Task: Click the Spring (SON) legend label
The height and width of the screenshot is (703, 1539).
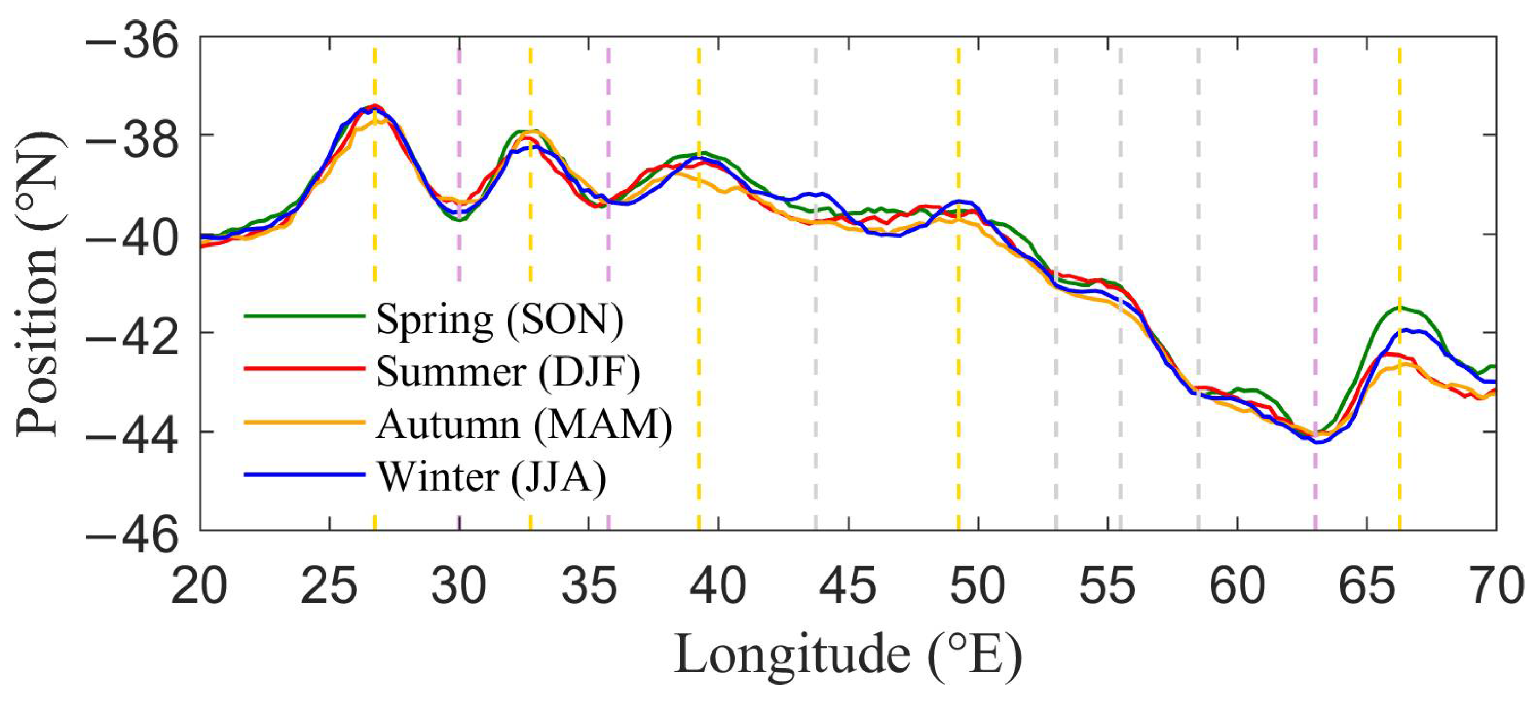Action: point(500,319)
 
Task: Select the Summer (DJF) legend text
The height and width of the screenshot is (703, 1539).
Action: point(508,371)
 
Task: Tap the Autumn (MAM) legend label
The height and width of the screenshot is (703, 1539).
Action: point(524,424)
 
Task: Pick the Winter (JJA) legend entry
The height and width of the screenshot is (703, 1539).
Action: point(491,477)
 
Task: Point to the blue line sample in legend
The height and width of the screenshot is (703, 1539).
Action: point(305,475)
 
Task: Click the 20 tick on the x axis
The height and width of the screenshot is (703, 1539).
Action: point(199,587)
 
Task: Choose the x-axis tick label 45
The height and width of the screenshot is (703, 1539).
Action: point(848,587)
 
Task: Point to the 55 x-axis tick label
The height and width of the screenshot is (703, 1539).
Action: point(1107,587)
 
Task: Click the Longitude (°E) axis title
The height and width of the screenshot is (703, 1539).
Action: point(848,656)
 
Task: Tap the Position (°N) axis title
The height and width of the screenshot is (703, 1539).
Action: point(37,284)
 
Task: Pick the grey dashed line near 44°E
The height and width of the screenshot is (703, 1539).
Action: point(816,358)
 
